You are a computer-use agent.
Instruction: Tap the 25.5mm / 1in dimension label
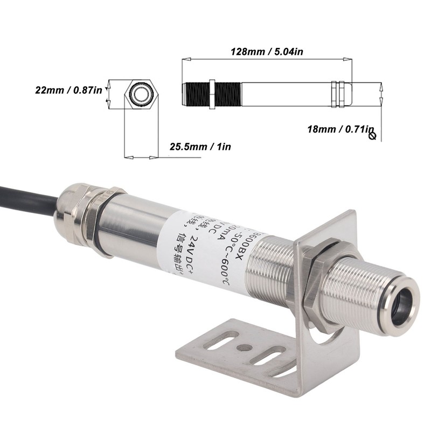200,147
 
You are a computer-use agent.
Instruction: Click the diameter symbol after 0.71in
372,136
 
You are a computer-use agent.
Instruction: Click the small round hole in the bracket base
245,347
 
